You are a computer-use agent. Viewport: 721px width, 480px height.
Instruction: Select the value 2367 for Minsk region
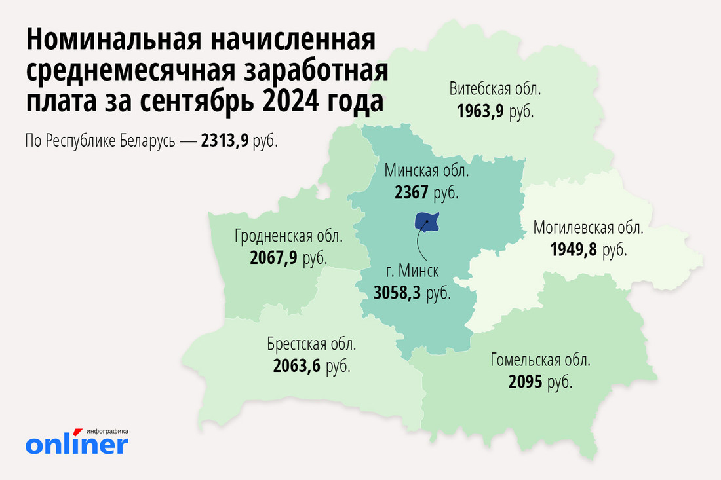(411, 193)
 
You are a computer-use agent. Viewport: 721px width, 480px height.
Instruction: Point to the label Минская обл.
(427, 172)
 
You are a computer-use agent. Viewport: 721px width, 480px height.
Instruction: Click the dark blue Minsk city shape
(427, 221)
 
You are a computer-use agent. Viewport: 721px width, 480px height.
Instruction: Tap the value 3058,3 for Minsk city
(397, 293)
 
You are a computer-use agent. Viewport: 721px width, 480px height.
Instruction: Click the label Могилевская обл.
(588, 229)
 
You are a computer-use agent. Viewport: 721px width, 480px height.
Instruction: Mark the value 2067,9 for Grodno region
(273, 258)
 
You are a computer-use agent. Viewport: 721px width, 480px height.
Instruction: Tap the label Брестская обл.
(311, 344)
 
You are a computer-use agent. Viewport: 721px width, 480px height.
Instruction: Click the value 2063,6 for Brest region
(296, 365)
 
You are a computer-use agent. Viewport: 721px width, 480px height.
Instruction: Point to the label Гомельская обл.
(540, 360)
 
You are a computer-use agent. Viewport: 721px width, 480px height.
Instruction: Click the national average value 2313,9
(225, 141)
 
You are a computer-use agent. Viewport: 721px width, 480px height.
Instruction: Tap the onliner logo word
(77, 445)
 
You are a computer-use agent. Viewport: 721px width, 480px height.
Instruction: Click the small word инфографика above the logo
(107, 431)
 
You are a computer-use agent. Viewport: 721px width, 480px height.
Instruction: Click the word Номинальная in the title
(111, 41)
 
